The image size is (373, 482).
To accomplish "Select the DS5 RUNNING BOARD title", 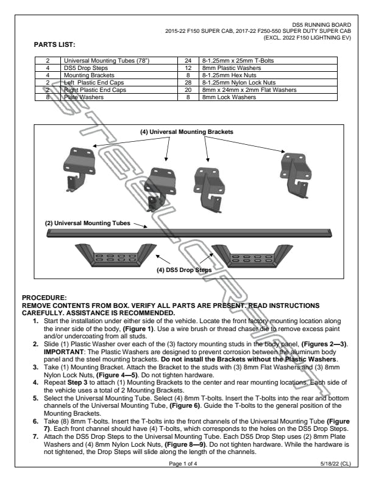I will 325,24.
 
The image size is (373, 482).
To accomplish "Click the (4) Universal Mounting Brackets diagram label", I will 187,131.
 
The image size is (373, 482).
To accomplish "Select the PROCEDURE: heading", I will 40,296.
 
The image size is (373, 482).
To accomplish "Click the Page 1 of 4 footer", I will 186,463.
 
